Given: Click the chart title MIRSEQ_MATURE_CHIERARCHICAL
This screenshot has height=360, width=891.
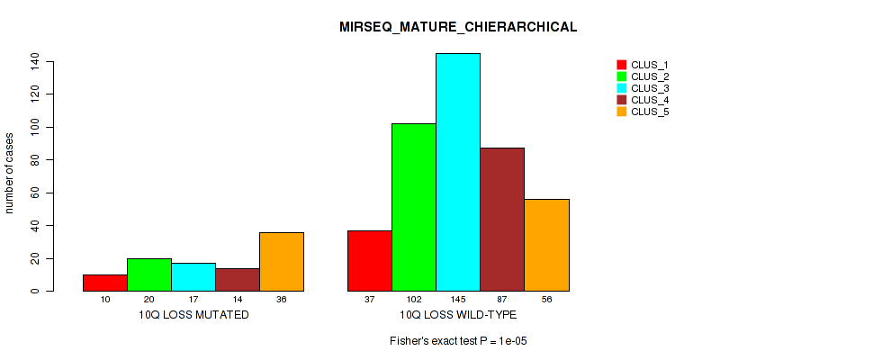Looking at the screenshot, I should (x=458, y=27).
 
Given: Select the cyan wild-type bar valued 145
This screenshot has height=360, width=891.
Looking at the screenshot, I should (x=458, y=172).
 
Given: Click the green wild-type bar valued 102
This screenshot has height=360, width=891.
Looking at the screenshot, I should (x=414, y=207).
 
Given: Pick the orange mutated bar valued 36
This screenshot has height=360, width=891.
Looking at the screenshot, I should (x=282, y=262).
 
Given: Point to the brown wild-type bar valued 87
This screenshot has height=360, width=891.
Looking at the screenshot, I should (x=502, y=220).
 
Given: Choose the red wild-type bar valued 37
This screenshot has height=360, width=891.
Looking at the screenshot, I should (x=370, y=261).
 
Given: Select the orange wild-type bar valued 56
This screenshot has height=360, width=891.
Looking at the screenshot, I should (x=546, y=245).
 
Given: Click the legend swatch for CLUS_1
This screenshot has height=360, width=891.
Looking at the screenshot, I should (x=621, y=65).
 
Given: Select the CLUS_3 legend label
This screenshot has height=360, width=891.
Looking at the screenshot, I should (x=650, y=88).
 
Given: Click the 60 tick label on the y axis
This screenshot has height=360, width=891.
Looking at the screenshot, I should (x=34, y=193).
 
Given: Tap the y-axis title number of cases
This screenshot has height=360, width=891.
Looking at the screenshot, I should (x=10, y=173).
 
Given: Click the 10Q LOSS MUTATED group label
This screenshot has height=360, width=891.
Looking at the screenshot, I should (x=193, y=315).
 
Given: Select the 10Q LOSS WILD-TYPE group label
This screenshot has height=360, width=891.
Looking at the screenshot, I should (x=458, y=315).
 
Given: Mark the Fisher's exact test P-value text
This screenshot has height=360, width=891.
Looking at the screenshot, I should (x=464, y=342).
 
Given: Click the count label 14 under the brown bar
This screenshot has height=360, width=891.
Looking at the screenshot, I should (x=238, y=300).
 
